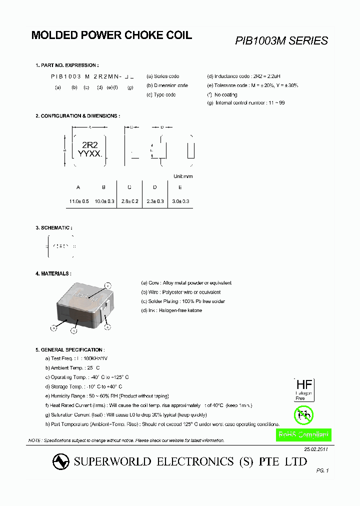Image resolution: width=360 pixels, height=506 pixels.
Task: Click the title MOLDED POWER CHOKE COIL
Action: (x=111, y=35)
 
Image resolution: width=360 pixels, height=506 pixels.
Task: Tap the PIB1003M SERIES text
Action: (x=281, y=41)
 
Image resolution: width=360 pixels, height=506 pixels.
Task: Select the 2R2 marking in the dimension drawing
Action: (x=89, y=145)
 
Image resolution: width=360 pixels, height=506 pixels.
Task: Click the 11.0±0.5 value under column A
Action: (x=78, y=201)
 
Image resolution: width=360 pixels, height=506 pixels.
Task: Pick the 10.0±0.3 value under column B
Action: (x=104, y=201)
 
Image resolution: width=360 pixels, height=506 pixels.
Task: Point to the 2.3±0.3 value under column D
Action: (x=155, y=201)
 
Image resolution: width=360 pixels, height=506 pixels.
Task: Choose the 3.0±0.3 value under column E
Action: (x=180, y=201)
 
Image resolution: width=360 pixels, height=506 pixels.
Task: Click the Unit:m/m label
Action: (x=183, y=176)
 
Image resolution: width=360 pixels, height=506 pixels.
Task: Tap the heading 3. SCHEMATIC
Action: (x=53, y=227)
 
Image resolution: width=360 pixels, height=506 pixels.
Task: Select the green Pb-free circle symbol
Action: (x=302, y=414)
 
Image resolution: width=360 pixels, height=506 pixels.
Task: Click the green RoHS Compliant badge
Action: (x=304, y=435)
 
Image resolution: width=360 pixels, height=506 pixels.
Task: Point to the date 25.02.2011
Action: (x=316, y=449)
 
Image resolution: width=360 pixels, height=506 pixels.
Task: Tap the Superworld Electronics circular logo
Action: (x=61, y=462)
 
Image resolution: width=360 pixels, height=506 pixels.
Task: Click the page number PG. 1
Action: (x=322, y=470)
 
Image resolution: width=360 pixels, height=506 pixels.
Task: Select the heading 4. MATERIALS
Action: (x=53, y=273)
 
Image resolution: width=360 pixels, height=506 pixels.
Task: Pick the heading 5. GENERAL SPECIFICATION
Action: (x=69, y=349)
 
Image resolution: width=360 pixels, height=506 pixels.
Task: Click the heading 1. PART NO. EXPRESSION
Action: (x=67, y=65)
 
